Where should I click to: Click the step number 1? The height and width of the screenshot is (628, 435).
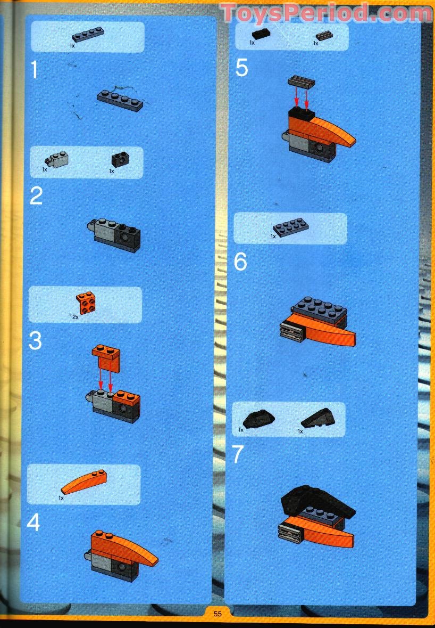pos(35,70)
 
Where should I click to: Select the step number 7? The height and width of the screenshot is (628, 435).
pos(238,454)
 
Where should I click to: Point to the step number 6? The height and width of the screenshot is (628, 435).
pos(240,262)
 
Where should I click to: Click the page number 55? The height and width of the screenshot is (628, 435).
pos(217,614)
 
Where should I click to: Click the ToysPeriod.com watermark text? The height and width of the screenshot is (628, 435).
pos(326,12)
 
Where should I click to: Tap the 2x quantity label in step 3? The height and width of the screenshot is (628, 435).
pos(75,316)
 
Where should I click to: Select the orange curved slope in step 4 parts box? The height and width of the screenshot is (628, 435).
pos(85,482)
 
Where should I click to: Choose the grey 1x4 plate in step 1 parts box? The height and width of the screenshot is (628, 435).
pos(88,36)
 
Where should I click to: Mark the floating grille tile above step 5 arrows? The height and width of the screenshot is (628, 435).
pos(301,81)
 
